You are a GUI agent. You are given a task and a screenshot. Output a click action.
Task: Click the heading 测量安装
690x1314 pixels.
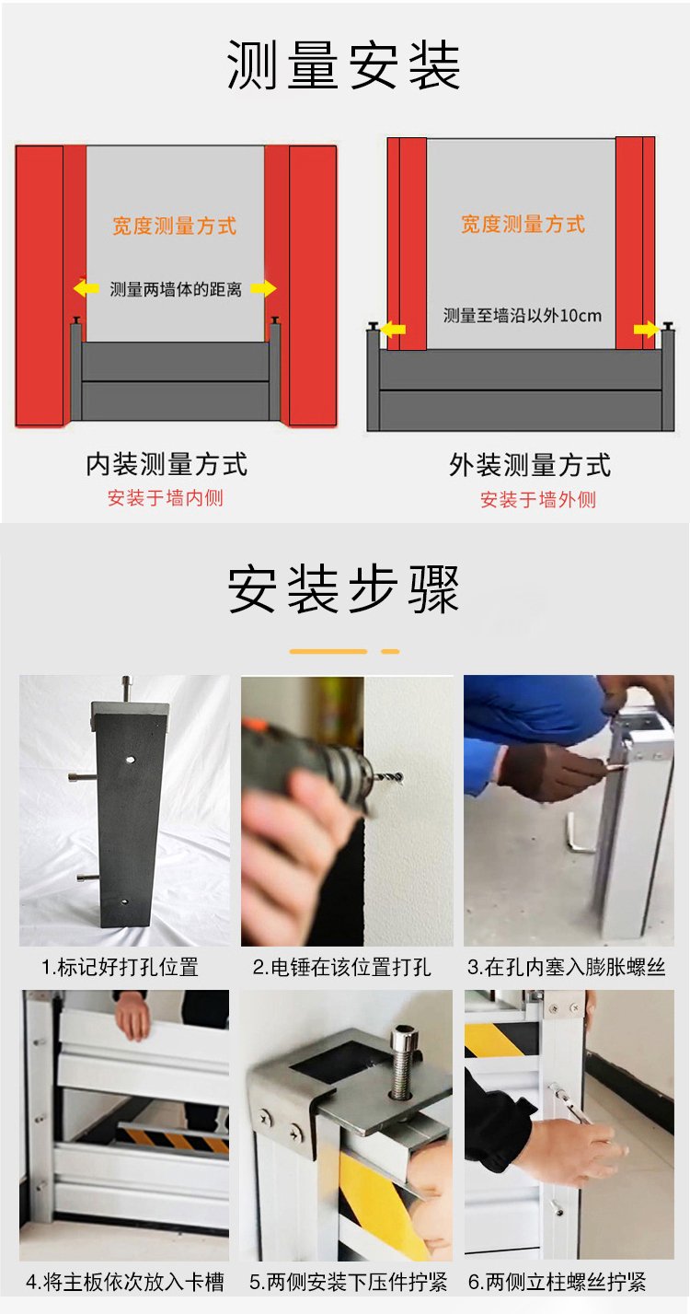tap(343, 65)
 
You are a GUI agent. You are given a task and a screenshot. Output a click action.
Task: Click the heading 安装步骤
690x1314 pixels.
tap(343, 589)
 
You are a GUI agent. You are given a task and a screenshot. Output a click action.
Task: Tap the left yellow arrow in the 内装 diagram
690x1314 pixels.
tap(86, 288)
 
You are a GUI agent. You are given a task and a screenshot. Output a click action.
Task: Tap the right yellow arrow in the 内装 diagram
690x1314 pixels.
tap(263, 288)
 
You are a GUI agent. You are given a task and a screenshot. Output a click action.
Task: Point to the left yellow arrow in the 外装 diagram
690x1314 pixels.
tap(393, 329)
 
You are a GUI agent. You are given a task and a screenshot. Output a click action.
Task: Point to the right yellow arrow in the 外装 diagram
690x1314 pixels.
tap(646, 329)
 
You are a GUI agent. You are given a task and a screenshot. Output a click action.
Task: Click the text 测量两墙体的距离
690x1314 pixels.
tap(176, 289)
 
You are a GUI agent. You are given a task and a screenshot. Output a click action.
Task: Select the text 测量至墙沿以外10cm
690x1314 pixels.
tap(523, 316)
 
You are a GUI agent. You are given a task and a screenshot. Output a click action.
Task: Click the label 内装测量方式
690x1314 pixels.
tap(167, 464)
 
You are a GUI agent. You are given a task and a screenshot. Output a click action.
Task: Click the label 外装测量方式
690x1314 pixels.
tap(530, 465)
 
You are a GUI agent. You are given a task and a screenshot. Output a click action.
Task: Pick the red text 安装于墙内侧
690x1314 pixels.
tap(166, 498)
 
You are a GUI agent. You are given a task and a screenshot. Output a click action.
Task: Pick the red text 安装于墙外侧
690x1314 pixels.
tap(538, 500)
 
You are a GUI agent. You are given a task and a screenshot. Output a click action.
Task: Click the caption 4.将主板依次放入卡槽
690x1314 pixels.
tap(125, 1282)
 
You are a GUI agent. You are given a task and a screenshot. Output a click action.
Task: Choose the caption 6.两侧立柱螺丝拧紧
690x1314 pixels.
tap(557, 1282)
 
